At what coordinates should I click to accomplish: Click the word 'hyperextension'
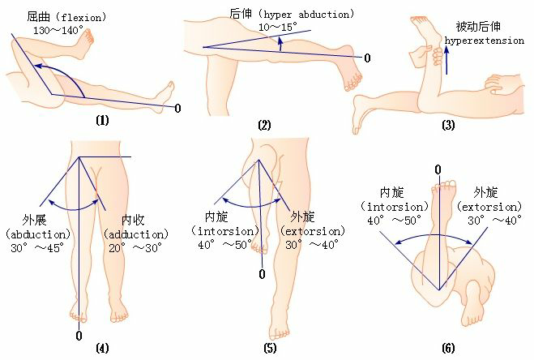(484, 39)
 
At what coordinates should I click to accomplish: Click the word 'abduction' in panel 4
(34, 234)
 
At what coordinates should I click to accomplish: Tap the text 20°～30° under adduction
(135, 247)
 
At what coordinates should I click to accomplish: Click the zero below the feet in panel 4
(79, 335)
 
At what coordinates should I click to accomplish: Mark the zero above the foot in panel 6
(438, 169)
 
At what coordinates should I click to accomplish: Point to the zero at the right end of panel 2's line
(367, 58)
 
